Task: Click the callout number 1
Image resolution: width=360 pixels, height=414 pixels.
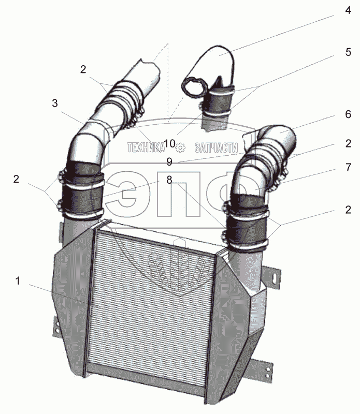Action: tap(18, 281)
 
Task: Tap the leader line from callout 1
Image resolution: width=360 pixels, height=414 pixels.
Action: tap(57, 292)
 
